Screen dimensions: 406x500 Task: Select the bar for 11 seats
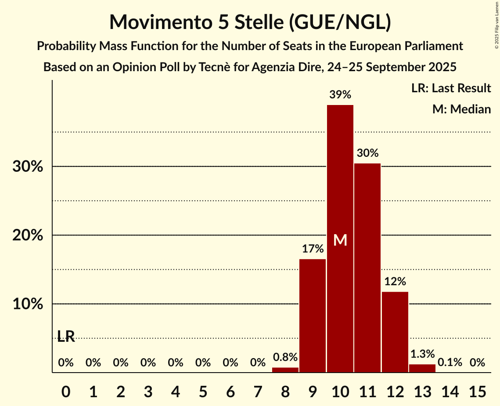point(367,268)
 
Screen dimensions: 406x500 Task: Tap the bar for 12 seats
point(395,332)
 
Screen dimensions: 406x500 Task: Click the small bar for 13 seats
point(422,368)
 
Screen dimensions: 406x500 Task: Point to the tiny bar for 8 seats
point(285,370)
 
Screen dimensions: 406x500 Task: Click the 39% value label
point(340,94)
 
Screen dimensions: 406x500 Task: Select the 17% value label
point(313,249)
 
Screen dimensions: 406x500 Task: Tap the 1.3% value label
point(422,354)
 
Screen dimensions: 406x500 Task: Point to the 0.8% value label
point(285,357)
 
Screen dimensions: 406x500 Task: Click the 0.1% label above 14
point(450,362)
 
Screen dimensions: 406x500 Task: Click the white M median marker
point(340,240)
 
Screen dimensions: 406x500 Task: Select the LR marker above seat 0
point(66,337)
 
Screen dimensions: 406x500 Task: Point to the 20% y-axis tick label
point(28,236)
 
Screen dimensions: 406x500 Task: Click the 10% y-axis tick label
point(28,304)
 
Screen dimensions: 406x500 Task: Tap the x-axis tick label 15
point(477,390)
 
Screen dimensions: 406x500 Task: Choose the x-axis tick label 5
point(203,390)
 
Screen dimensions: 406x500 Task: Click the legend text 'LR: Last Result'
point(451,88)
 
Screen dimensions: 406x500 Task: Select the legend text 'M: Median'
point(461,109)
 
